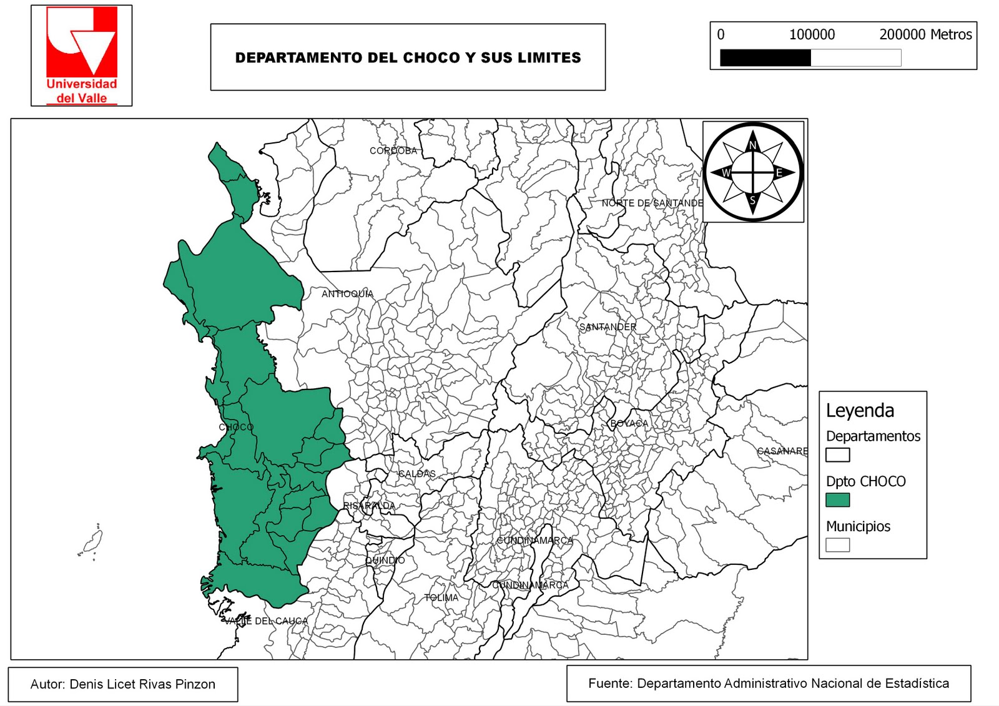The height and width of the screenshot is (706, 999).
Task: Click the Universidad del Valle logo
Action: click(x=81, y=55)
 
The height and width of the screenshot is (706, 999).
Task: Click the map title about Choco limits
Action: click(x=408, y=57)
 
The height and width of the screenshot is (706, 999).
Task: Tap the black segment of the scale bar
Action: click(x=765, y=58)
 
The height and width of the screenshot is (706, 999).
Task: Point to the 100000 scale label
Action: click(x=812, y=35)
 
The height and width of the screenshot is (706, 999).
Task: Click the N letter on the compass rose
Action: click(x=753, y=146)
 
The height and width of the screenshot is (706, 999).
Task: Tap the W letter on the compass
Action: click(x=726, y=173)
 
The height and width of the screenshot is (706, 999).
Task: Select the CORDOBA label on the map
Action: click(x=393, y=151)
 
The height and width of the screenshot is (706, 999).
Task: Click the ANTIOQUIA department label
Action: click(x=347, y=294)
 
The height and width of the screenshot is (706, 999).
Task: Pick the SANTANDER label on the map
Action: click(x=608, y=327)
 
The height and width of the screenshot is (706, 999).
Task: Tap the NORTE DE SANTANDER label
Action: click(x=652, y=203)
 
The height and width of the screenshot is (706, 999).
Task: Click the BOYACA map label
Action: click(x=629, y=424)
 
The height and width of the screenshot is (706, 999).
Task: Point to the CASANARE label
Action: click(x=782, y=451)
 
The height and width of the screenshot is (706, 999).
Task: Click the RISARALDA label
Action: click(x=369, y=506)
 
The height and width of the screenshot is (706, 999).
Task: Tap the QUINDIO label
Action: click(x=385, y=561)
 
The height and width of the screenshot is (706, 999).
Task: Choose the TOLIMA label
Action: click(x=441, y=598)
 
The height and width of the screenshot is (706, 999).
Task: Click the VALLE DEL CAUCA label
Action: click(x=266, y=621)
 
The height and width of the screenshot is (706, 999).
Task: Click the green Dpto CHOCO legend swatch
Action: click(x=837, y=500)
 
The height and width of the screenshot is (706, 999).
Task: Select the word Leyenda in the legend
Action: click(x=860, y=411)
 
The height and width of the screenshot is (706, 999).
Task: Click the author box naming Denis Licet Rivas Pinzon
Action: click(x=123, y=684)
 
